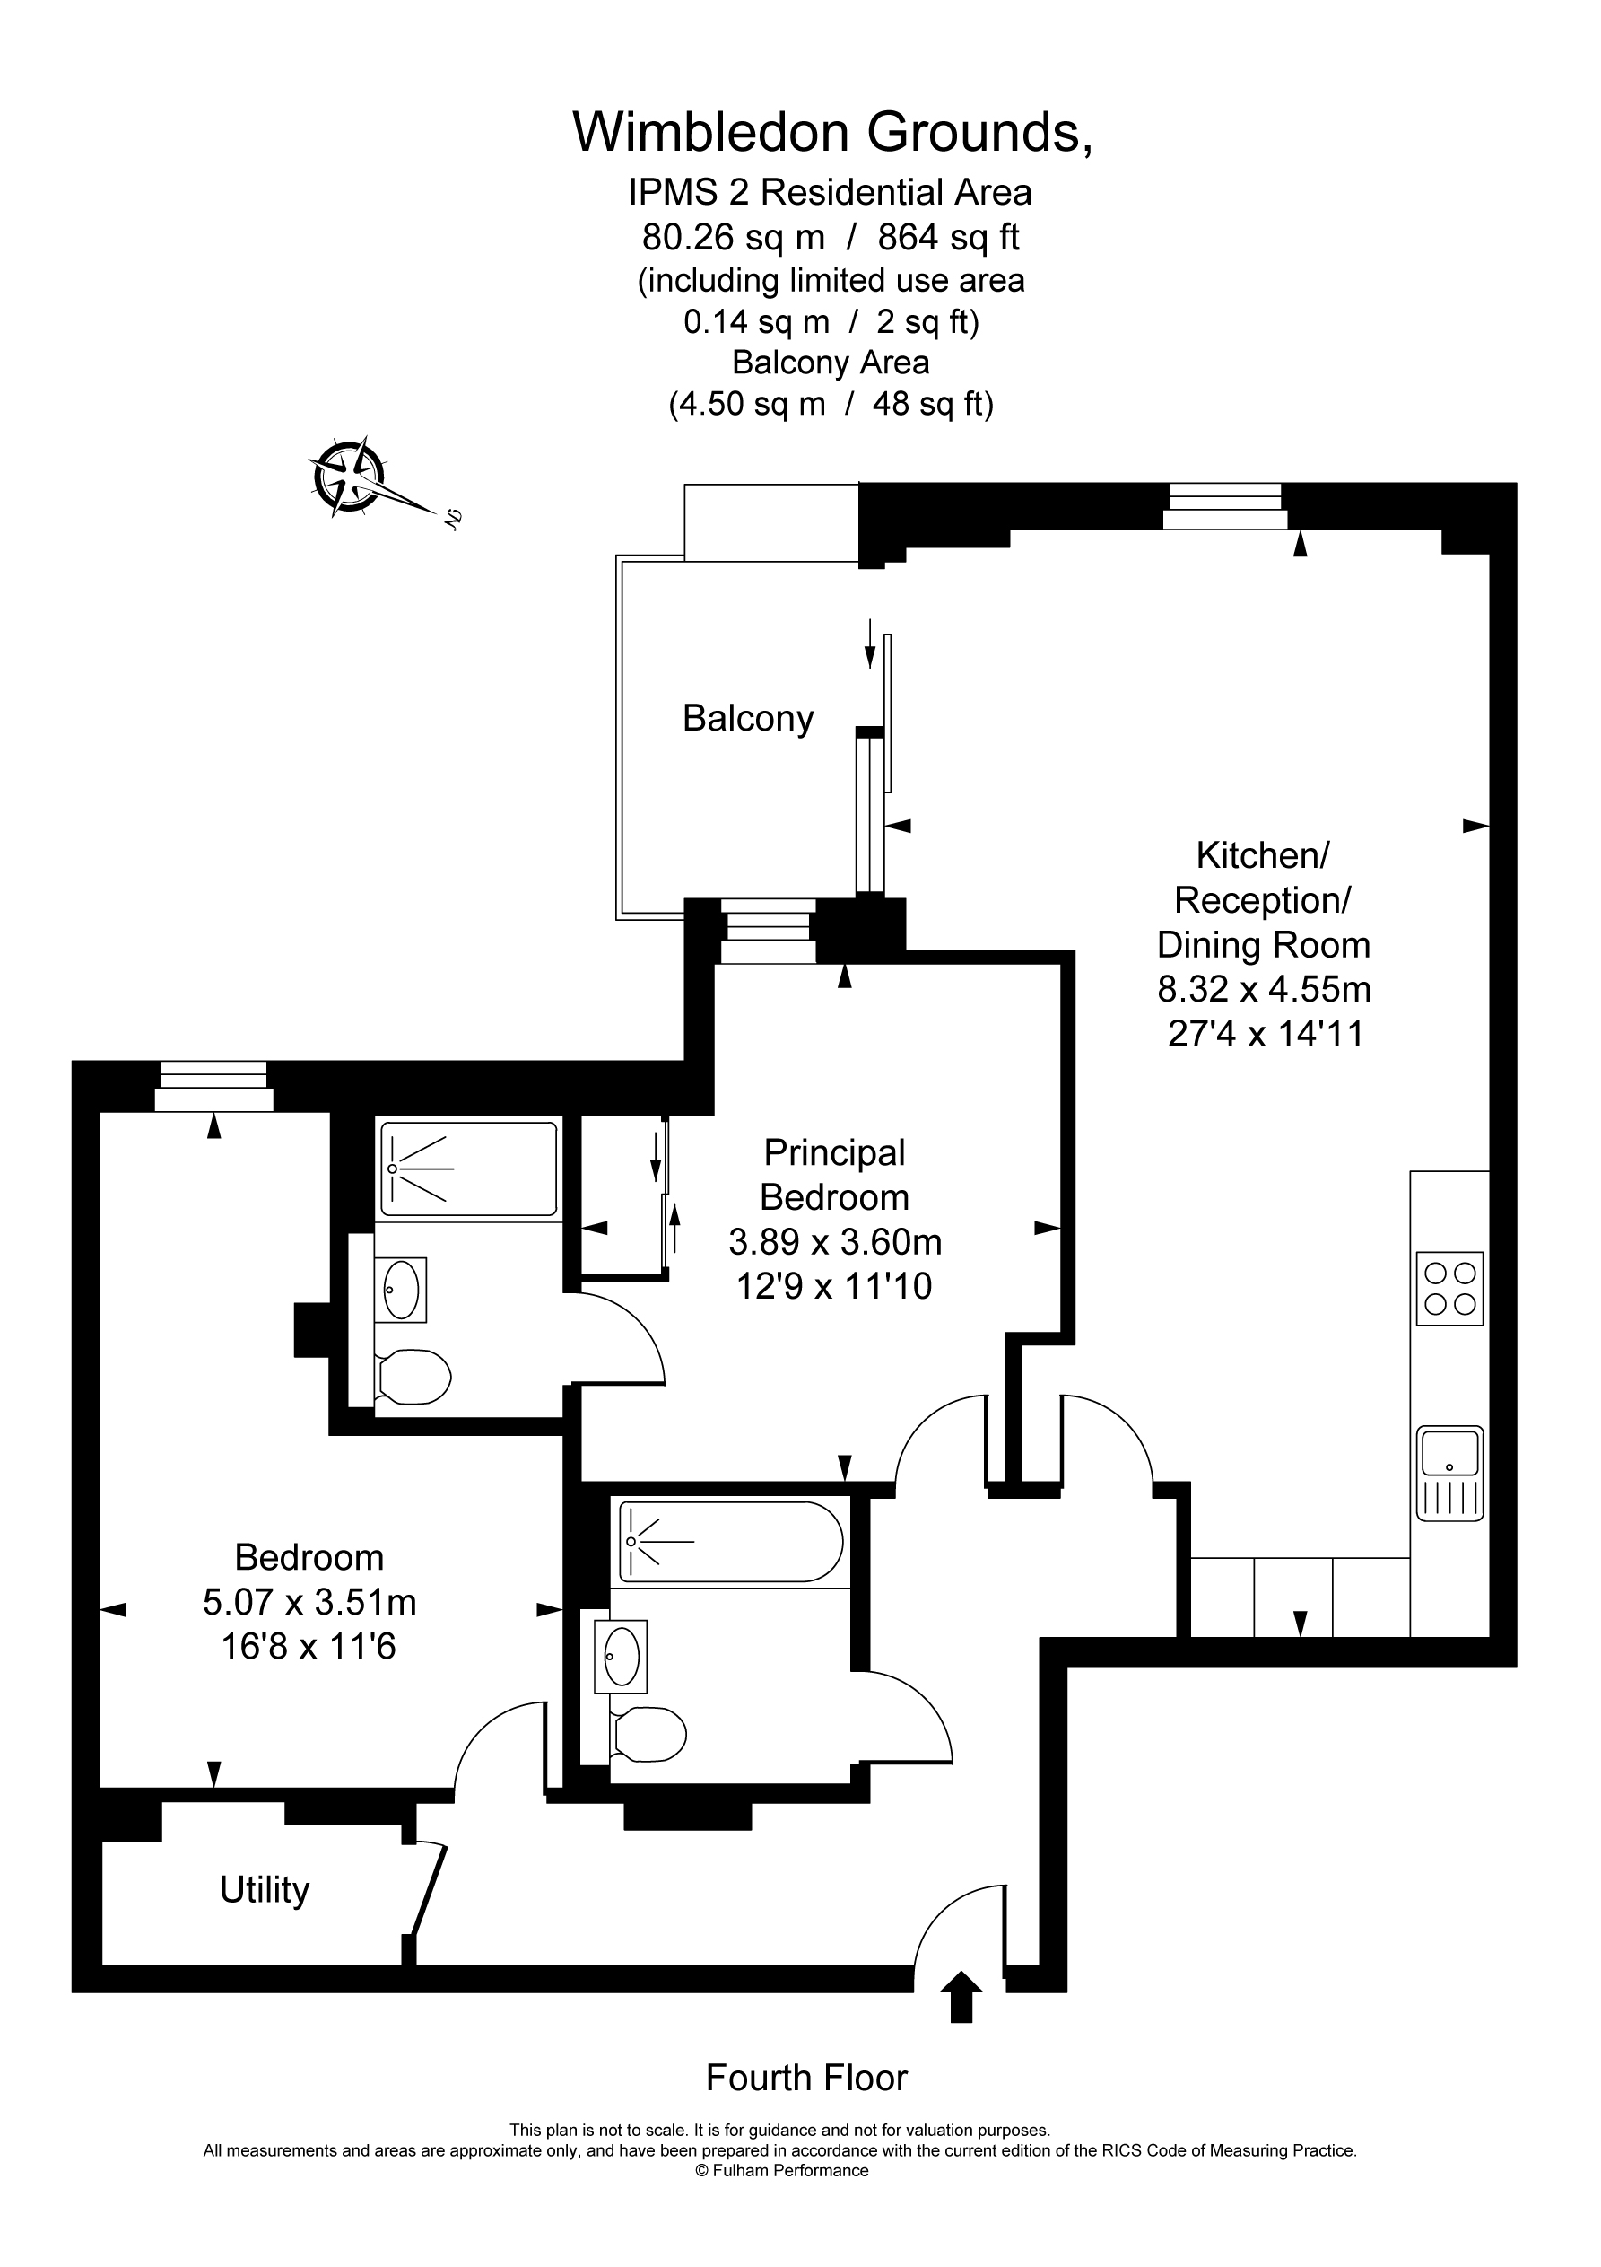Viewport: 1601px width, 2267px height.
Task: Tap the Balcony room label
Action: click(x=747, y=719)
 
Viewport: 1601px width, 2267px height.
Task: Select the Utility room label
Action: click(x=265, y=1890)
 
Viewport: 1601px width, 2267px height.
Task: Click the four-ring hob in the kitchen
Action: click(x=1449, y=1289)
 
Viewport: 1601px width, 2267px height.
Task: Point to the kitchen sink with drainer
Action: click(x=1449, y=1472)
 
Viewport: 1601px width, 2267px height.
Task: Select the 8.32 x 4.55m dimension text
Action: click(x=1264, y=989)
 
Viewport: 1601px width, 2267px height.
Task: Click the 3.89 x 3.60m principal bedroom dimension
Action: click(x=835, y=1241)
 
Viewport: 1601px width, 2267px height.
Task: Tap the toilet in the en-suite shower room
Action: click(x=413, y=1376)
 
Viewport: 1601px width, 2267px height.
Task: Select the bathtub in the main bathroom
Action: click(x=730, y=1541)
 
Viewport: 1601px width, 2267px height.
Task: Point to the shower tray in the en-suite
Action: click(x=469, y=1169)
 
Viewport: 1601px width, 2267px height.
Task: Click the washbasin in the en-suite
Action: click(x=402, y=1289)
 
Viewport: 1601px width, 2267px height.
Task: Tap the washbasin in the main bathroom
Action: click(x=621, y=1655)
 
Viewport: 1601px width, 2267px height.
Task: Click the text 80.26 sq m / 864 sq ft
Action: click(x=831, y=237)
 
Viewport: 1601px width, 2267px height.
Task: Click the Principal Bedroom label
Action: click(x=834, y=1175)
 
